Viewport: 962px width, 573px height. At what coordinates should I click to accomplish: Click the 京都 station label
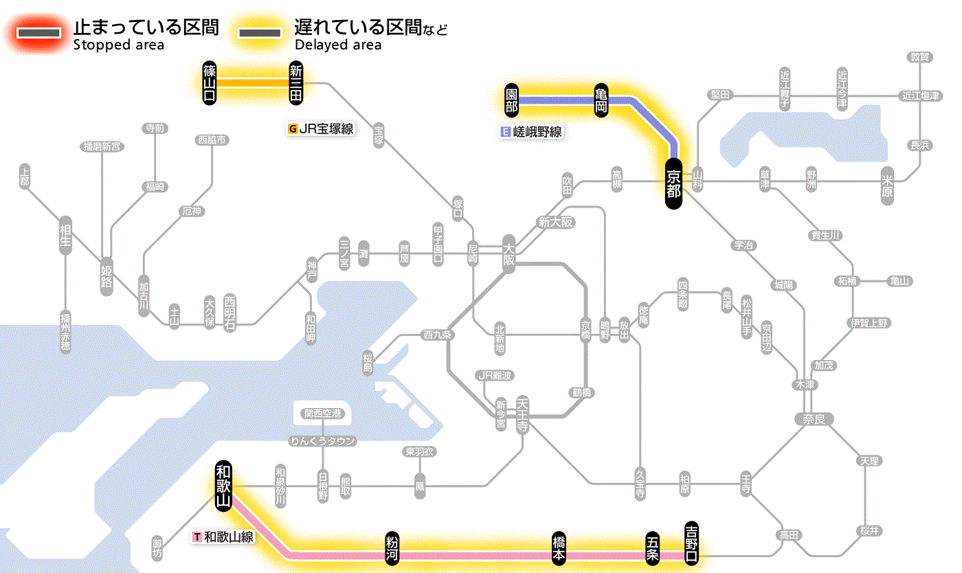pos(673,183)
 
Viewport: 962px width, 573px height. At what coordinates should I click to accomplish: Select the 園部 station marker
pos(511,101)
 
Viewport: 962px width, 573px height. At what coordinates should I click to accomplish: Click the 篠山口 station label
pos(210,82)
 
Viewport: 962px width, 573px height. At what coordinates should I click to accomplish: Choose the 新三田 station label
pos(296,82)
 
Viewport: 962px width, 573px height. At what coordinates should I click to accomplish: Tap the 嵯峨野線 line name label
pos(532,132)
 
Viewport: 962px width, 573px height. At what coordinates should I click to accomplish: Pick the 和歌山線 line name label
pos(224,537)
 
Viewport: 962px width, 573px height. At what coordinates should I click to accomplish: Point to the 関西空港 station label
pos(322,414)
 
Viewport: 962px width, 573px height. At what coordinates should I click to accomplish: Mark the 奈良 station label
pos(813,418)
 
